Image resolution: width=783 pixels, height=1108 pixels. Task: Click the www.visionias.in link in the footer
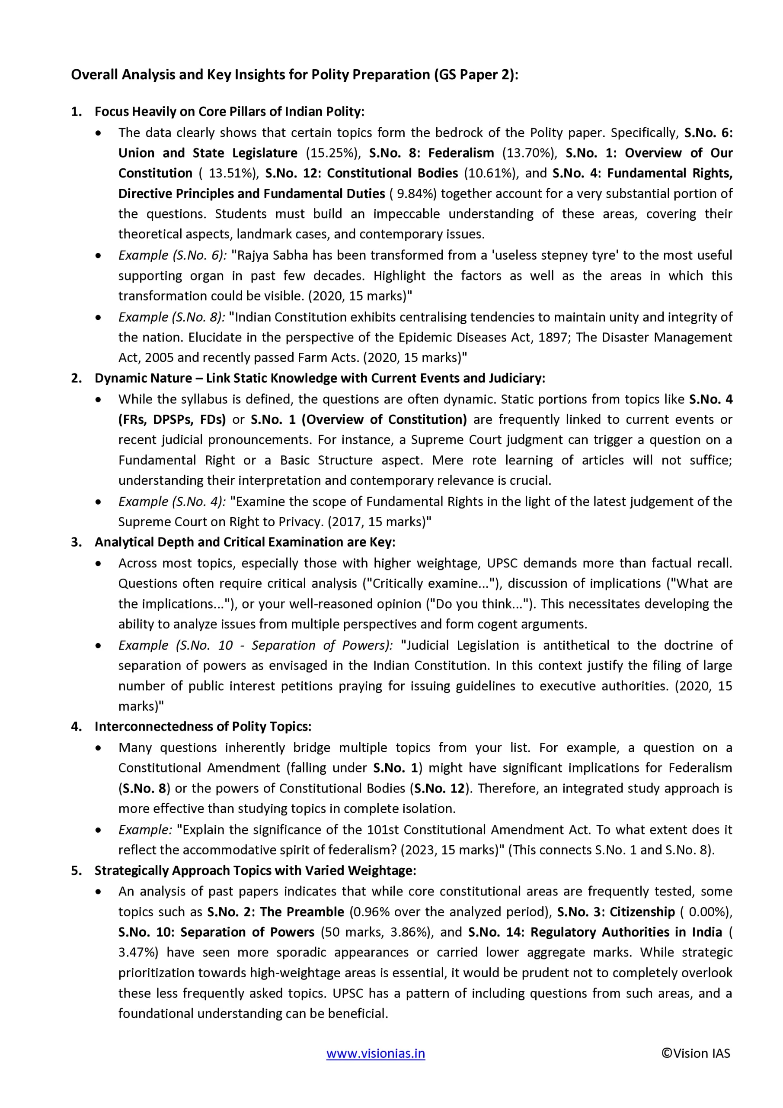376,1053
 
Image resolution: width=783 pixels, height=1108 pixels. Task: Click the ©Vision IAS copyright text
696,1053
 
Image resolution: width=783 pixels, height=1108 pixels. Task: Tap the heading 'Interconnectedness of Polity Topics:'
203,726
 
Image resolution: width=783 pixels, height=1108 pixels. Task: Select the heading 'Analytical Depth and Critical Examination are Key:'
245,542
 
